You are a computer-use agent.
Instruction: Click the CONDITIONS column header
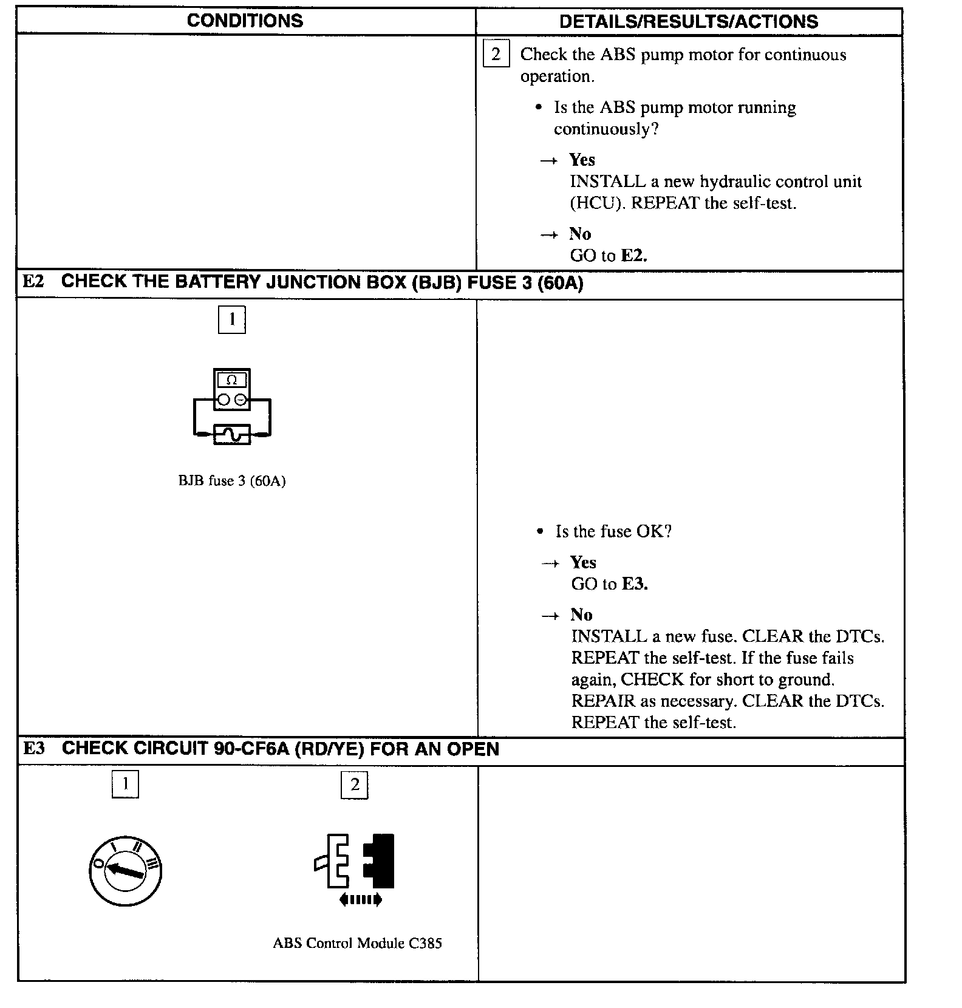(245, 21)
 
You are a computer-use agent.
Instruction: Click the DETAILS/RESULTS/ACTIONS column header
(688, 22)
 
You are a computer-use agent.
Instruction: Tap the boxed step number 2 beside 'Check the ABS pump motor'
(496, 55)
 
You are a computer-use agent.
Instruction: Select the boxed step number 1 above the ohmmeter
(231, 319)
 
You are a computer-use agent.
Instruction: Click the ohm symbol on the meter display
(231, 381)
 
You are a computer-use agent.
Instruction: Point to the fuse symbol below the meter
(231, 434)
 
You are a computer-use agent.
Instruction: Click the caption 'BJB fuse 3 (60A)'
(231, 481)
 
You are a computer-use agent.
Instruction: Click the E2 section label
(33, 282)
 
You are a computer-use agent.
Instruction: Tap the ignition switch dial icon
(125, 871)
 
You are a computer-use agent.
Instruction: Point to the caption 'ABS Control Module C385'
(357, 943)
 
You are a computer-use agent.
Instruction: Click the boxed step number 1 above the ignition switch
(125, 784)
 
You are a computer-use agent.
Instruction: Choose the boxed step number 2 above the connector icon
(355, 785)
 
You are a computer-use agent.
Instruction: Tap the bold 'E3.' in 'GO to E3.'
(635, 584)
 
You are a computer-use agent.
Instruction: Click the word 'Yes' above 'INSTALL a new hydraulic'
(582, 160)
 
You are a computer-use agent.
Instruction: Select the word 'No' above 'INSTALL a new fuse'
(581, 615)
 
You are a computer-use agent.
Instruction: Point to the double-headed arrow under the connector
(360, 900)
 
